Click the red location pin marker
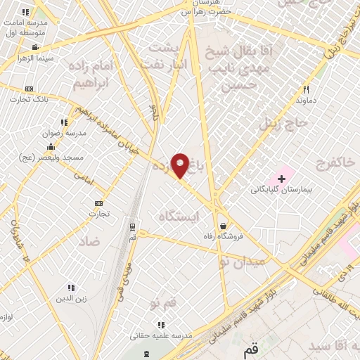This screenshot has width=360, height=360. point(180,165)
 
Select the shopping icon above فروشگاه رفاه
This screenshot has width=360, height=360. point(223,226)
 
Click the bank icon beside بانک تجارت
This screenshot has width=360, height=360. point(29,89)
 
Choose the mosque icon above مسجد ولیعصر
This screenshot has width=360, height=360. point(51,147)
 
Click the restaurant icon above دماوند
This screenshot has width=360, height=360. point(305,89)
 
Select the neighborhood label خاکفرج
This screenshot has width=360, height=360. point(330,164)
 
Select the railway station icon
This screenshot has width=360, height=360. point(133,226)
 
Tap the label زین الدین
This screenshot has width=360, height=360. point(71,298)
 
